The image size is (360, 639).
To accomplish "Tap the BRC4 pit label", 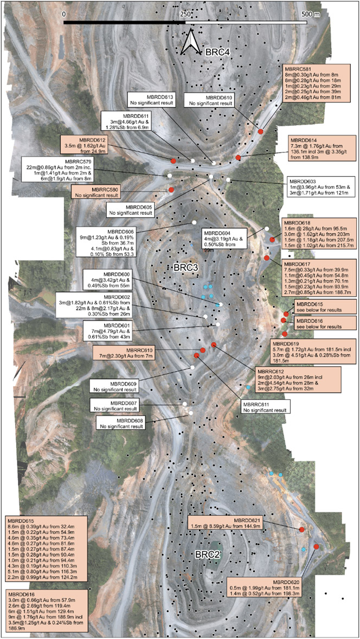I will [x=217, y=53].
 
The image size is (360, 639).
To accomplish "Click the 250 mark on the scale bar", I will [x=185, y=13].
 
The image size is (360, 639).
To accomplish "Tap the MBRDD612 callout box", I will [x=87, y=145].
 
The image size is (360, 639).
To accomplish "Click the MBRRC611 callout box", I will [x=264, y=408].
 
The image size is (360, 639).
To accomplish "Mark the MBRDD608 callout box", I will [x=122, y=423].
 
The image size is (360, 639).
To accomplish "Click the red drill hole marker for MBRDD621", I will [x=301, y=529].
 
